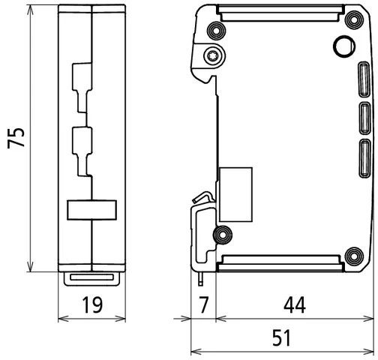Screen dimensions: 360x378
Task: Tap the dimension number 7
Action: pyautogui.click(x=202, y=305)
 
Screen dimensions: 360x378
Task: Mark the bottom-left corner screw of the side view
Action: pyautogui.click(x=223, y=235)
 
